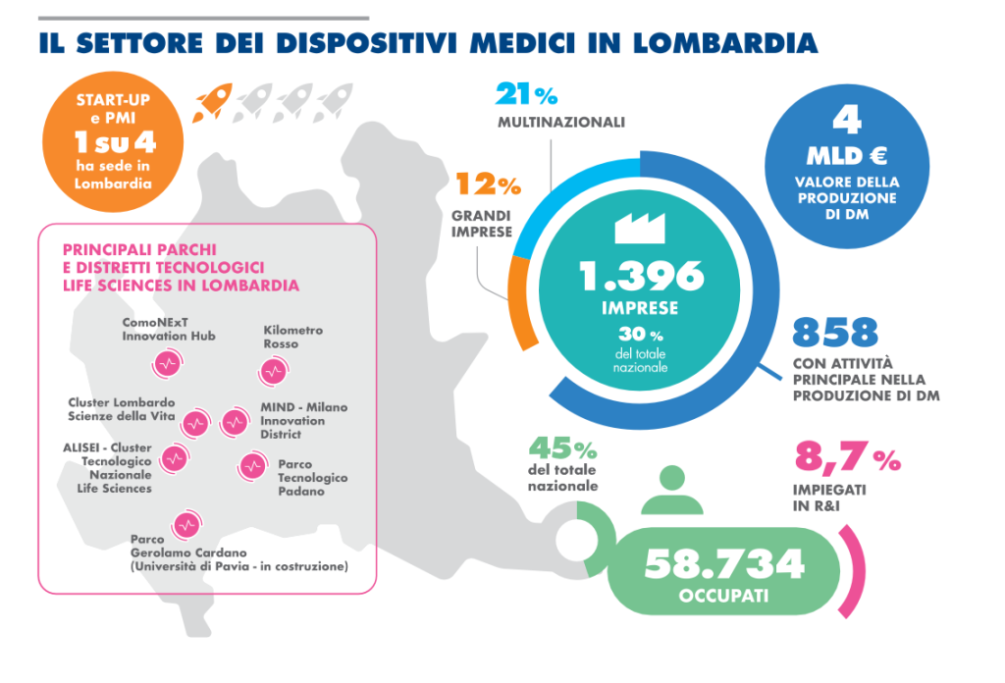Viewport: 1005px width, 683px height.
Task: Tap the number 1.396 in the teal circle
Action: click(x=642, y=277)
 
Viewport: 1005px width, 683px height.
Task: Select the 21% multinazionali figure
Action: click(x=526, y=95)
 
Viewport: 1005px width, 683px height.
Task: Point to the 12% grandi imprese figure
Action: click(x=487, y=184)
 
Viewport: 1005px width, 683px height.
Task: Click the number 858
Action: click(x=834, y=333)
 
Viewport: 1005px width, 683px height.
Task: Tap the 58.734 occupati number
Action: click(x=723, y=563)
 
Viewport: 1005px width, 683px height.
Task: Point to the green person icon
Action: click(x=670, y=491)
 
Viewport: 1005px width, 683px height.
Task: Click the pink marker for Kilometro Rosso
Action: click(x=273, y=372)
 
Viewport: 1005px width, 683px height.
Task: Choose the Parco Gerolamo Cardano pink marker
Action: click(x=185, y=525)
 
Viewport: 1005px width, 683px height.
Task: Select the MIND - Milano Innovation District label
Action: click(x=303, y=420)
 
